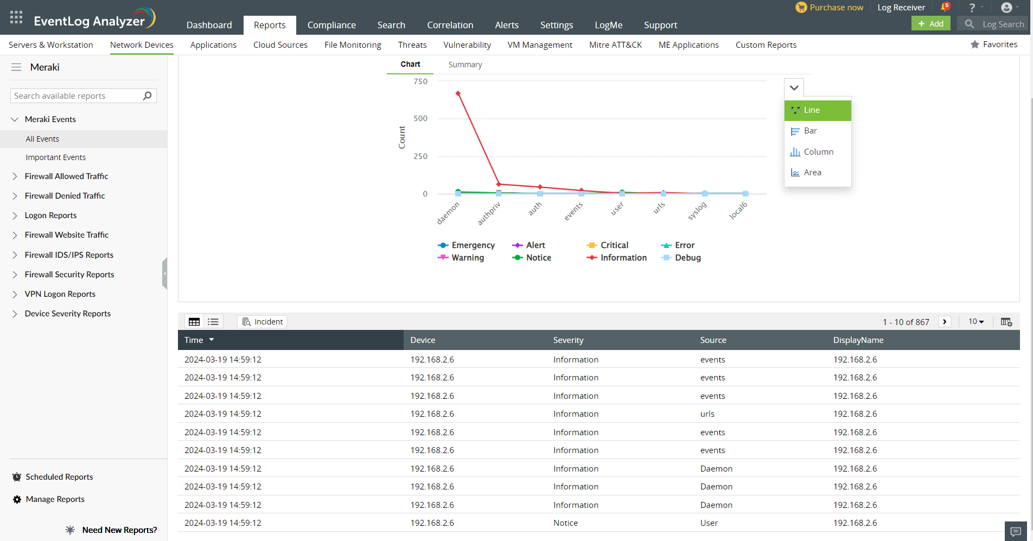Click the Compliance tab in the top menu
331,25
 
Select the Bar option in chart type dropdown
810,131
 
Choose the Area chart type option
812,173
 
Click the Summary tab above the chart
465,65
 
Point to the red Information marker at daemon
458,93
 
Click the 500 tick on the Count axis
420,118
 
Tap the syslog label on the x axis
697,211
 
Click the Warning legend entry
467,258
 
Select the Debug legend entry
687,258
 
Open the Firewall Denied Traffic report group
65,196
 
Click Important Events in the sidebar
55,157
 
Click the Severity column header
568,340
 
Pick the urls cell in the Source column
707,414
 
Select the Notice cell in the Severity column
565,523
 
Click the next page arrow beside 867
945,322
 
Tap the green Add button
930,24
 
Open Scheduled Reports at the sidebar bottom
59,477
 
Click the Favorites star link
994,44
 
